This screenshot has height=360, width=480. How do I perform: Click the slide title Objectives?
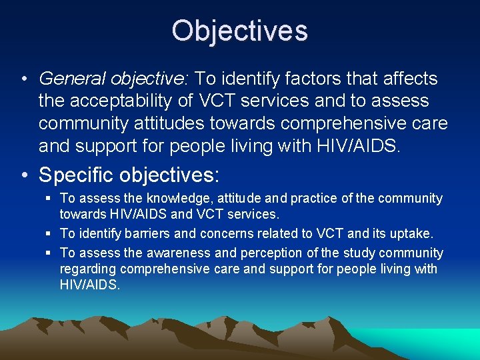pyautogui.click(x=239, y=31)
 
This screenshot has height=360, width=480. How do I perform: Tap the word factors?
pyautogui.click(x=310, y=79)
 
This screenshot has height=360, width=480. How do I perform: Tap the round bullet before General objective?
pyautogui.click(x=24, y=79)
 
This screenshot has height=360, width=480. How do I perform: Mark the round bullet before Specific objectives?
pyautogui.click(x=24, y=175)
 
